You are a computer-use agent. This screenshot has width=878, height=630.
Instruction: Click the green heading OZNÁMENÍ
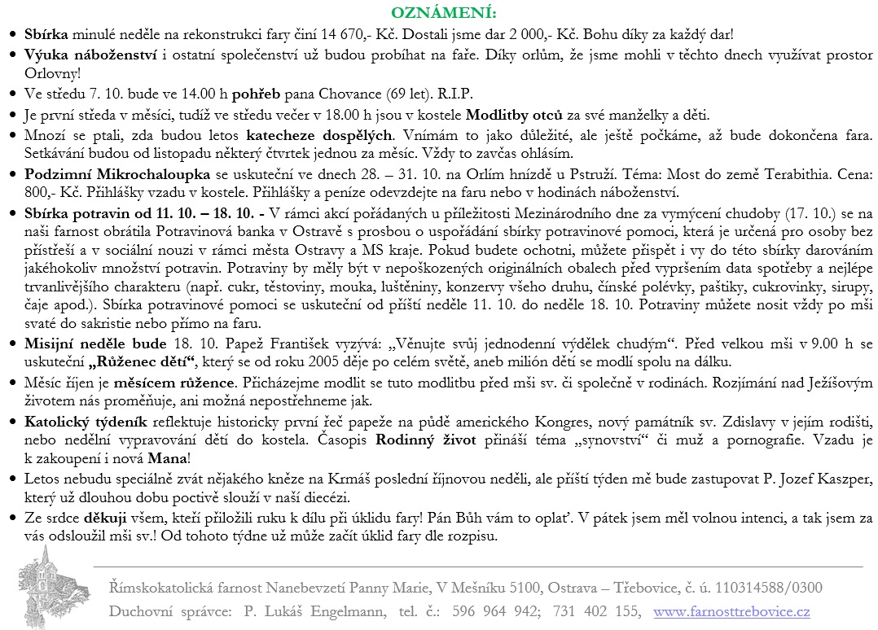[x=443, y=14]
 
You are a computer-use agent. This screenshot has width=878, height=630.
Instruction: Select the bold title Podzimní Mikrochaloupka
[x=118, y=174]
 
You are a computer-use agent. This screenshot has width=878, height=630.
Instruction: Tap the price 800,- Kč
[x=46, y=193]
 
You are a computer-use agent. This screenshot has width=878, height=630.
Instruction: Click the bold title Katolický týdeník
[x=86, y=422]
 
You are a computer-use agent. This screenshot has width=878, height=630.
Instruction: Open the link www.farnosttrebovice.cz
[x=732, y=610]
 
